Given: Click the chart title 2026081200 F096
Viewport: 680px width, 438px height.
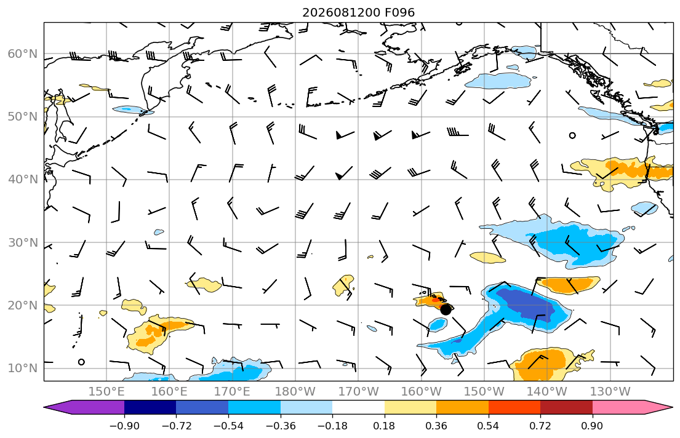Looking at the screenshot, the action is pyautogui.click(x=358, y=12).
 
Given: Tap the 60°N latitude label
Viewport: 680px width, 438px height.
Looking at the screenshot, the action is pyautogui.click(x=23, y=54).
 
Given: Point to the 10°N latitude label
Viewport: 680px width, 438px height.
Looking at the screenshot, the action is pyautogui.click(x=23, y=368).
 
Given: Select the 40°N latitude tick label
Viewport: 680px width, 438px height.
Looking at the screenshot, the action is pyautogui.click(x=23, y=180).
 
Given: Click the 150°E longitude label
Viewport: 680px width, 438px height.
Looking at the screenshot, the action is pyautogui.click(x=106, y=392).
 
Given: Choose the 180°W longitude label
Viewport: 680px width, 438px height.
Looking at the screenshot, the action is pyautogui.click(x=295, y=392).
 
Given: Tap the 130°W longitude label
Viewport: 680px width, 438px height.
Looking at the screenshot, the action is pyautogui.click(x=610, y=392).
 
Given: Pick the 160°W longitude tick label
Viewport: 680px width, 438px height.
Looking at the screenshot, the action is pyautogui.click(x=421, y=392).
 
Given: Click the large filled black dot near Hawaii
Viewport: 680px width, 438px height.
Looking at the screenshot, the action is pyautogui.click(x=446, y=309).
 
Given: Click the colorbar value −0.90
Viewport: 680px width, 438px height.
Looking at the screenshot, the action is pyautogui.click(x=124, y=426).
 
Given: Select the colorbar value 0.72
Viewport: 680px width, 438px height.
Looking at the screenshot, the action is pyautogui.click(x=540, y=426).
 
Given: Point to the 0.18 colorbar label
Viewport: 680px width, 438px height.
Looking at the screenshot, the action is pyautogui.click(x=384, y=426).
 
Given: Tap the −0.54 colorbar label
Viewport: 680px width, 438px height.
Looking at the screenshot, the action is pyautogui.click(x=228, y=426).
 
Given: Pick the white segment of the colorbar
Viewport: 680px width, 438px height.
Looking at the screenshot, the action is pyautogui.click(x=358, y=407).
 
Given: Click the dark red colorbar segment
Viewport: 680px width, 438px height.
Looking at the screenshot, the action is pyautogui.click(x=566, y=407).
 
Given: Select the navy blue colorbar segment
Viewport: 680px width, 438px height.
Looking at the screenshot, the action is pyautogui.click(x=150, y=407).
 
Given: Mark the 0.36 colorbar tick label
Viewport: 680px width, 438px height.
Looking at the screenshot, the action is pyautogui.click(x=436, y=426).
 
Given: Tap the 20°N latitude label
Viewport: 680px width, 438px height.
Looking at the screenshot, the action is pyautogui.click(x=23, y=305).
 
